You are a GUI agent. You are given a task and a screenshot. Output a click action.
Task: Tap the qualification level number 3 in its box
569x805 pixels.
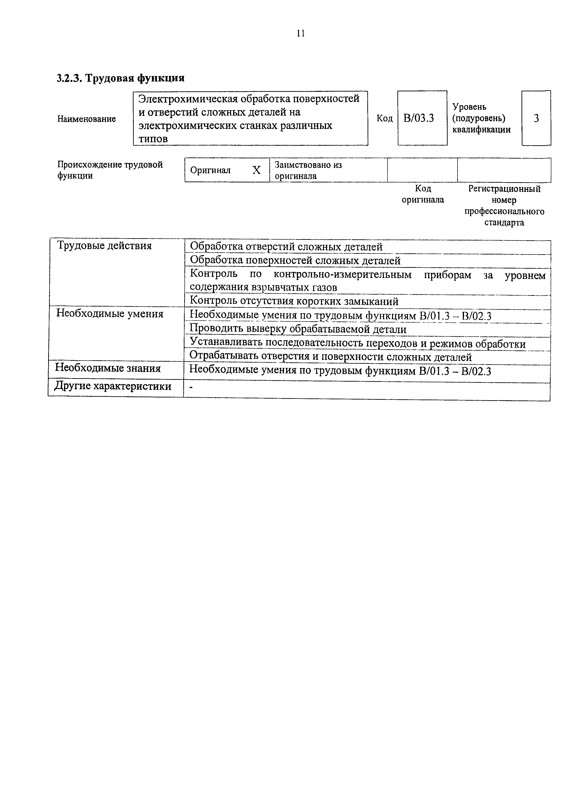536,118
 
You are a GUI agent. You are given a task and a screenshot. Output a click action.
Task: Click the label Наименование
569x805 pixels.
86,119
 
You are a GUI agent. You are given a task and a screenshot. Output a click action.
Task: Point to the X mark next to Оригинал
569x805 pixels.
257,171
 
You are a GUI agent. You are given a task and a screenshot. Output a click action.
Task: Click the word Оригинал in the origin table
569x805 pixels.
210,171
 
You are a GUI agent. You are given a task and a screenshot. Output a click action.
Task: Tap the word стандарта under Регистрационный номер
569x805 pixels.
504,223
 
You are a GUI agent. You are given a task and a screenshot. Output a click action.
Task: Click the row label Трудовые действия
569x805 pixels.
104,246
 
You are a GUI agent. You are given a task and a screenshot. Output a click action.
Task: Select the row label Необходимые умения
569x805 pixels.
110,313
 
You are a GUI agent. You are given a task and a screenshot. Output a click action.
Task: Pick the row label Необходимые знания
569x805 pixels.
108,368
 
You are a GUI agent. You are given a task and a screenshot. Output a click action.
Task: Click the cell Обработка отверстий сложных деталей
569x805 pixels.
286,247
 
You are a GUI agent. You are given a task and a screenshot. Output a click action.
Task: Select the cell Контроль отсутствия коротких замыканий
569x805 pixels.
294,301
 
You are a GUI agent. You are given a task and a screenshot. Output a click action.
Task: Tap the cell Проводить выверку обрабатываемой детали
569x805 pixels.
298,329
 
